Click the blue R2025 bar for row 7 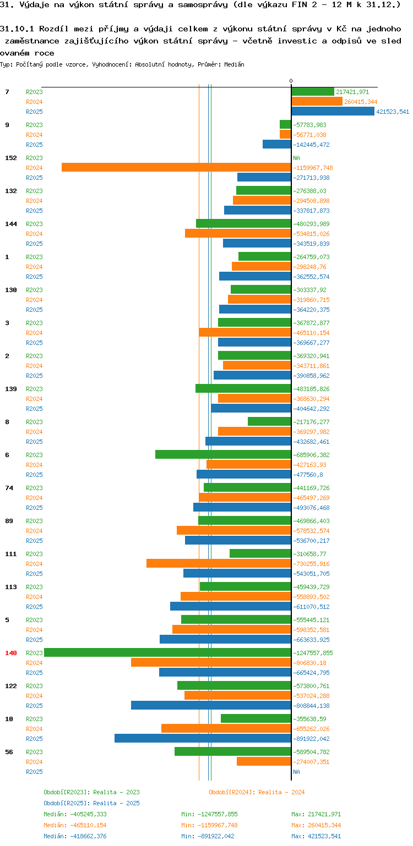coord(333,112)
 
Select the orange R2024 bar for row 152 coord(176,168)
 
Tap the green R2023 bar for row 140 coord(167,653)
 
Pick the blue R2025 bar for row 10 coord(203,739)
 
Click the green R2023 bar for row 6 coord(223,455)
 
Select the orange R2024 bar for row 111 coord(219,564)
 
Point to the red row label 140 coord(11,653)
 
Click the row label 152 coord(11,158)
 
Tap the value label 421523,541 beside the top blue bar coord(393,112)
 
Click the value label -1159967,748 coord(313,168)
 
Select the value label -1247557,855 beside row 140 coord(313,653)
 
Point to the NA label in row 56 coord(296,772)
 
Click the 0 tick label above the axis coord(291,81)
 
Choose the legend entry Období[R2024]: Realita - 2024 coord(257,792)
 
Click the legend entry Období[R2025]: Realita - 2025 coord(91,803)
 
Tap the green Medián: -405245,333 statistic coord(75,814)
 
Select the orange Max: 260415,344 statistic coord(317,825)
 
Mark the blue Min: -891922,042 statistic coord(209,836)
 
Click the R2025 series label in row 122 coord(34,706)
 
